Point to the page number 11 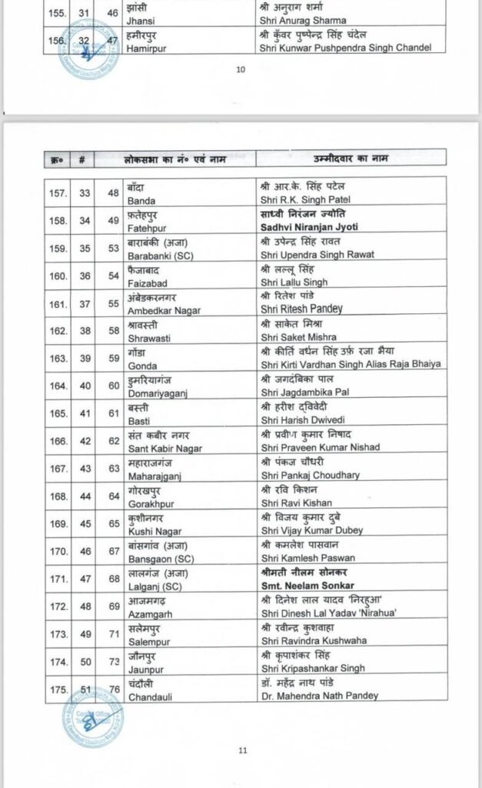tap(242, 749)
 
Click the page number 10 tap(241, 69)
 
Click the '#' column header tap(81, 159)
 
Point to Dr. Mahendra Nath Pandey tap(319, 696)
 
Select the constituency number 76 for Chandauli tap(114, 689)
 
